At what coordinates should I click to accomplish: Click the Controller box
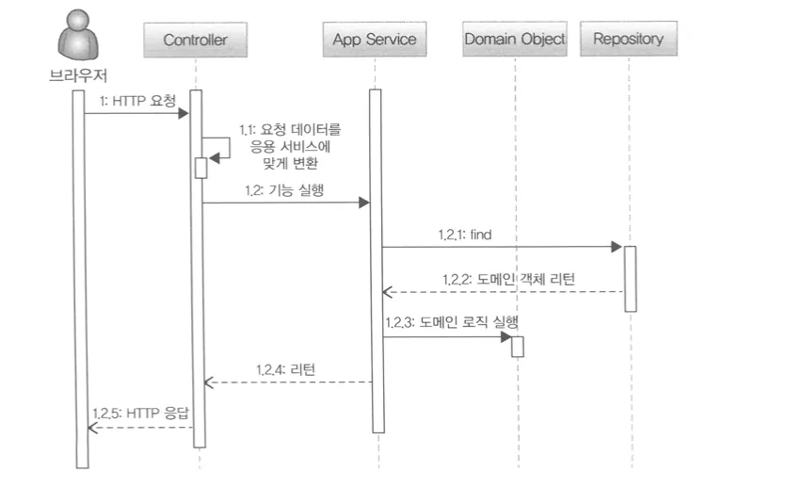click(x=196, y=40)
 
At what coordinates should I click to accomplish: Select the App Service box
click(x=375, y=39)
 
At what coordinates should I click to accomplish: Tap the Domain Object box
click(x=515, y=39)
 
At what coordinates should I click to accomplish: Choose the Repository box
click(x=629, y=39)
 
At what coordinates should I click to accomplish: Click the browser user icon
click(x=78, y=35)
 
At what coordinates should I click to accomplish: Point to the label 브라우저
click(x=78, y=75)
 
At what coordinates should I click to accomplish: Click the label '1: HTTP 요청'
click(x=137, y=101)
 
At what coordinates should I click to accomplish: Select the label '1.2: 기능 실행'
click(x=284, y=190)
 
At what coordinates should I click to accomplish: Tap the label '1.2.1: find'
click(x=465, y=235)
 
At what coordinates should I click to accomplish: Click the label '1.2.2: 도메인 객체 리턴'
click(x=509, y=279)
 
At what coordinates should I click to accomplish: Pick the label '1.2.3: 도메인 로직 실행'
click(x=452, y=322)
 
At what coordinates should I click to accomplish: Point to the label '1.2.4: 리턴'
click(x=286, y=369)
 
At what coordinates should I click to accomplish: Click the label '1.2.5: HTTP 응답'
click(x=140, y=413)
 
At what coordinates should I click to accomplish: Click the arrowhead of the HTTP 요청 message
click(x=184, y=113)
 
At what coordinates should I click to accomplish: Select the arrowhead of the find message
click(x=617, y=247)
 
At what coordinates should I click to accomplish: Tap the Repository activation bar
click(x=631, y=279)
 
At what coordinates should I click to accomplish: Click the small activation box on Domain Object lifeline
click(x=518, y=347)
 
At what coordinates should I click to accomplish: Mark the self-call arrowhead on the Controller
click(x=215, y=158)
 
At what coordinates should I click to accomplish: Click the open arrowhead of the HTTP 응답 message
click(x=92, y=428)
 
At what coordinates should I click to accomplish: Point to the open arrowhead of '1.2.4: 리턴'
click(x=209, y=382)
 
